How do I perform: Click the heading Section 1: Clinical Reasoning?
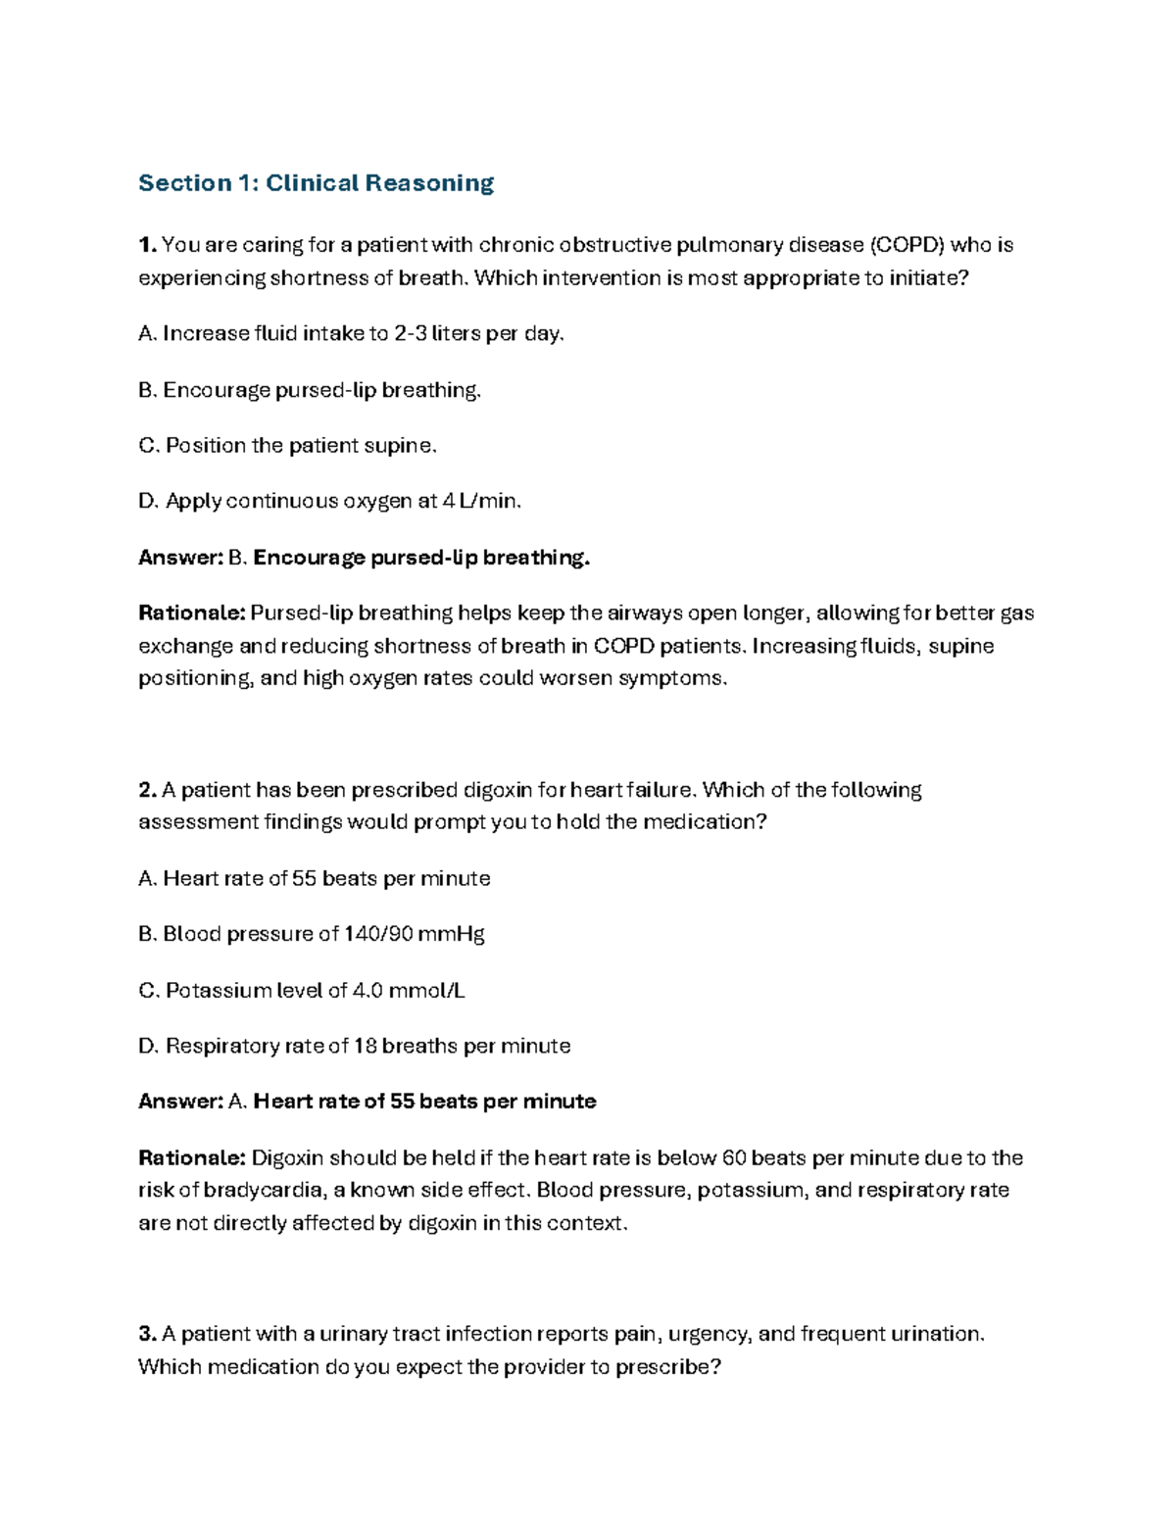pyautogui.click(x=316, y=183)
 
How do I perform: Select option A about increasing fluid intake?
pyautogui.click(x=352, y=334)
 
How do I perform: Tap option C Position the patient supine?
pyautogui.click(x=287, y=446)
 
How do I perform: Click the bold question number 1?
pyautogui.click(x=146, y=245)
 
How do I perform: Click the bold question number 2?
pyautogui.click(x=147, y=790)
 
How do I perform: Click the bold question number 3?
pyautogui.click(x=147, y=1334)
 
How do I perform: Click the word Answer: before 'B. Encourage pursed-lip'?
pyautogui.click(x=180, y=559)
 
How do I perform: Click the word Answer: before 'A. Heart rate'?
pyautogui.click(x=180, y=1103)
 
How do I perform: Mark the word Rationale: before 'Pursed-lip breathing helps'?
pyautogui.click(x=191, y=614)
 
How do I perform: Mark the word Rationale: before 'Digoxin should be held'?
pyautogui.click(x=191, y=1158)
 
